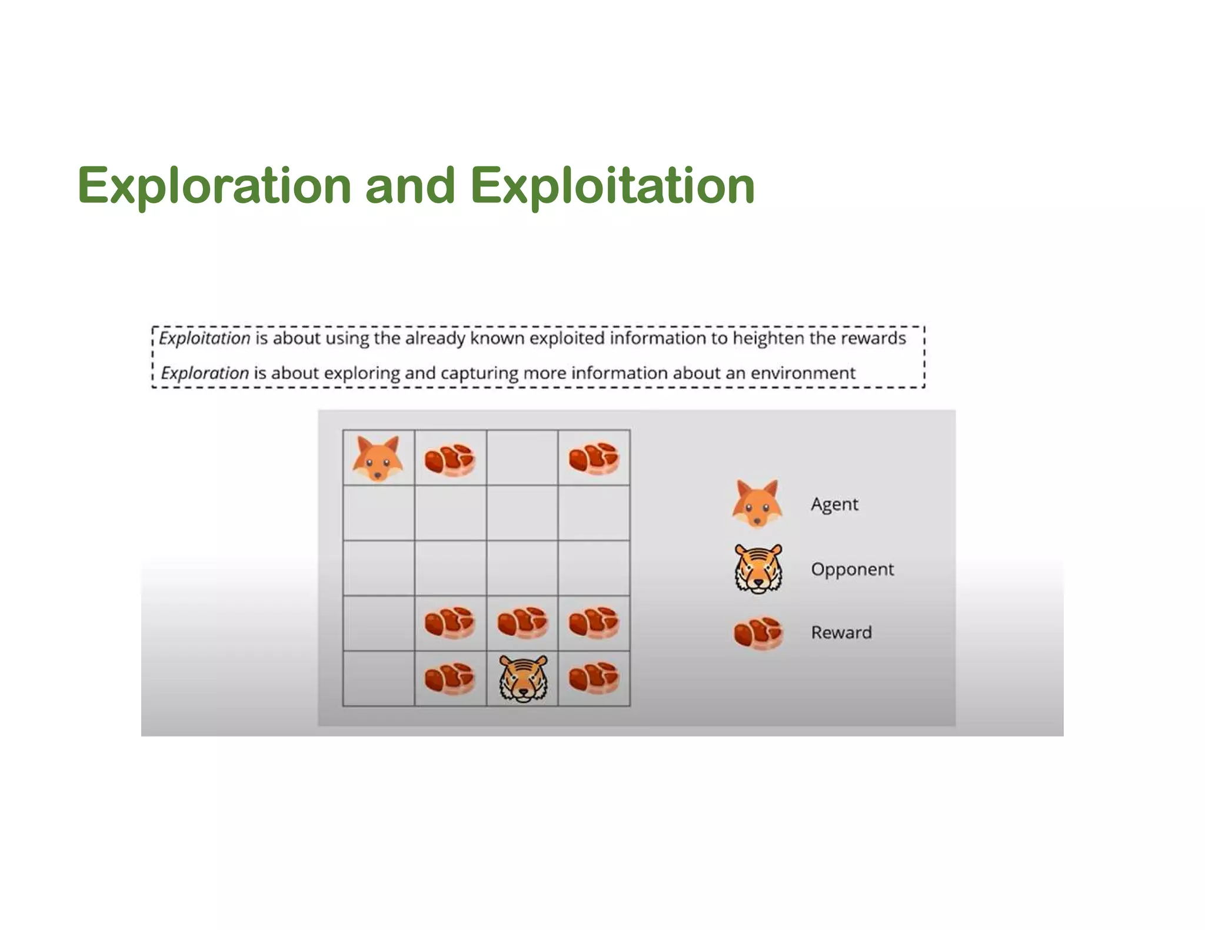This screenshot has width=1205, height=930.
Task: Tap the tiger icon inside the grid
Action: click(x=523, y=679)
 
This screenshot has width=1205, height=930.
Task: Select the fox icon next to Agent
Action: click(x=757, y=504)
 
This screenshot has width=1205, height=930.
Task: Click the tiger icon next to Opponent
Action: click(x=758, y=568)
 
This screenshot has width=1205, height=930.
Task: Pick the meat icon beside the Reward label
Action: click(x=758, y=633)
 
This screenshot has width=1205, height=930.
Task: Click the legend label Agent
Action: click(x=834, y=504)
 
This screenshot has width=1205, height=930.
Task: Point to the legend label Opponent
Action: click(x=852, y=569)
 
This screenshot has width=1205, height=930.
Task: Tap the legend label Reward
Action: click(x=841, y=633)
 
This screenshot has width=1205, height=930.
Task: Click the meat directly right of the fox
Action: click(x=450, y=459)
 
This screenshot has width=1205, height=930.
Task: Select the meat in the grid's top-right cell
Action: click(x=594, y=458)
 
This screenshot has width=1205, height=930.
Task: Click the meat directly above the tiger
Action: click(x=522, y=623)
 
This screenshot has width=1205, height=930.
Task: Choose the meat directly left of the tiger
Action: click(x=450, y=679)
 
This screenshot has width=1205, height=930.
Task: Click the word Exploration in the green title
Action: click(x=214, y=186)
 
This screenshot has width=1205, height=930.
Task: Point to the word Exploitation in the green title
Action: click(x=612, y=186)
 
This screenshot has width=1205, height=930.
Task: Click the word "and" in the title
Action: click(x=410, y=186)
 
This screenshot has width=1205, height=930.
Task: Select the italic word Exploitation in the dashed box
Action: click(x=205, y=339)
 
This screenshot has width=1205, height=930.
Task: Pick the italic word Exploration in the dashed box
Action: click(x=205, y=373)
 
